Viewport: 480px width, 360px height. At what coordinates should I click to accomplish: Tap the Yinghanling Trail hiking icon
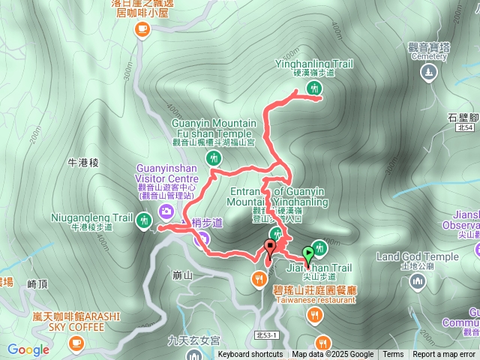[316, 86]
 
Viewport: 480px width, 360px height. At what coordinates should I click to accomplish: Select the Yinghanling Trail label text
[313, 64]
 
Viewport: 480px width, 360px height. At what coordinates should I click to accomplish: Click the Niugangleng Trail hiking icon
[143, 220]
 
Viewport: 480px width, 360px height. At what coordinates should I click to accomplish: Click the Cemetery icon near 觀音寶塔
[428, 72]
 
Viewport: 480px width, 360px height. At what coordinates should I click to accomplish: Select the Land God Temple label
[417, 256]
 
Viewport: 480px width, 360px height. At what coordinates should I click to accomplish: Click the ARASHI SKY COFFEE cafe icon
[76, 343]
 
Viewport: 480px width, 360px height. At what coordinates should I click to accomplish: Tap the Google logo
[28, 349]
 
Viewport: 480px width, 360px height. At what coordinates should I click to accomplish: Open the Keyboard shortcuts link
[250, 355]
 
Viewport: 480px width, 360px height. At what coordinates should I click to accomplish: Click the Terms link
[393, 355]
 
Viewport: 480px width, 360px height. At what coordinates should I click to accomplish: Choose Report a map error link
[445, 355]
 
